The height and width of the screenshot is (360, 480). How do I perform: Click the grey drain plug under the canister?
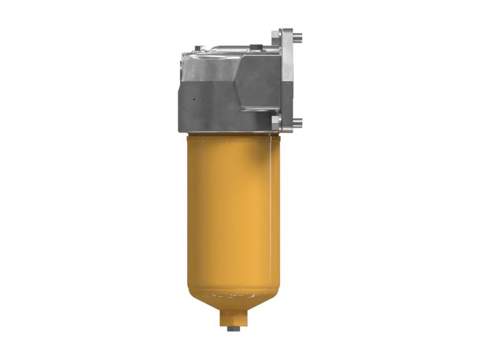231,328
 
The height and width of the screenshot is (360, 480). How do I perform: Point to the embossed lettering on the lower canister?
231,295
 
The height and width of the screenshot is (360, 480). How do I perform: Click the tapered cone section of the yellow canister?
231,303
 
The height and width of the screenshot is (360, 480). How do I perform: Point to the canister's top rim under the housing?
231,136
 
